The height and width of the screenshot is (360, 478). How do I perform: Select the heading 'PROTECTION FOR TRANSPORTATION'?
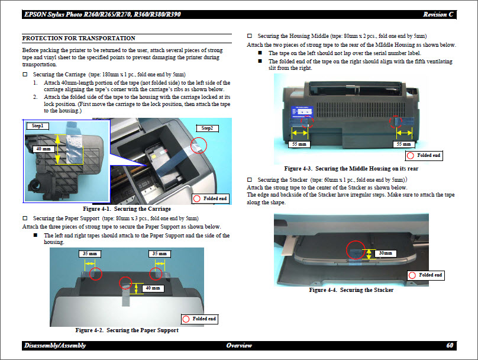click(x=79, y=38)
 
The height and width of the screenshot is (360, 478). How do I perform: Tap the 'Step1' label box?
click(x=38, y=126)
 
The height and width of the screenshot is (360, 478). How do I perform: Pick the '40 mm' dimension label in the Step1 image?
click(x=43, y=149)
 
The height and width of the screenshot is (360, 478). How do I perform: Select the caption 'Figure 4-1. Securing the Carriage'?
click(x=127, y=209)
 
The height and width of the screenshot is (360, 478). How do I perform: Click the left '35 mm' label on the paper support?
click(x=89, y=253)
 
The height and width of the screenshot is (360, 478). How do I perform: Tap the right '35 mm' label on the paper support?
click(x=158, y=253)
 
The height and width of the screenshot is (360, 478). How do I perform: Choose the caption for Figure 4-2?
click(x=127, y=330)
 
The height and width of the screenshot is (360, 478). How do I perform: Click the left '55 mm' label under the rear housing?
click(x=299, y=144)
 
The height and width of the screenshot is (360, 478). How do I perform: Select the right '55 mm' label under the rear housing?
click(x=403, y=144)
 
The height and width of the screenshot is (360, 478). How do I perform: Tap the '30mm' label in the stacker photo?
click(x=385, y=253)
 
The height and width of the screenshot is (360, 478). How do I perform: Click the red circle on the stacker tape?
click(x=356, y=250)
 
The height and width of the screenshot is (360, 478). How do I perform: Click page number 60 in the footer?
click(x=450, y=345)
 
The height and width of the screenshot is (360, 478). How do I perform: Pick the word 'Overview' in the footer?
click(x=239, y=345)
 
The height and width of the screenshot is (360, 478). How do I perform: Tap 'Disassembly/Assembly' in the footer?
click(x=55, y=345)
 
